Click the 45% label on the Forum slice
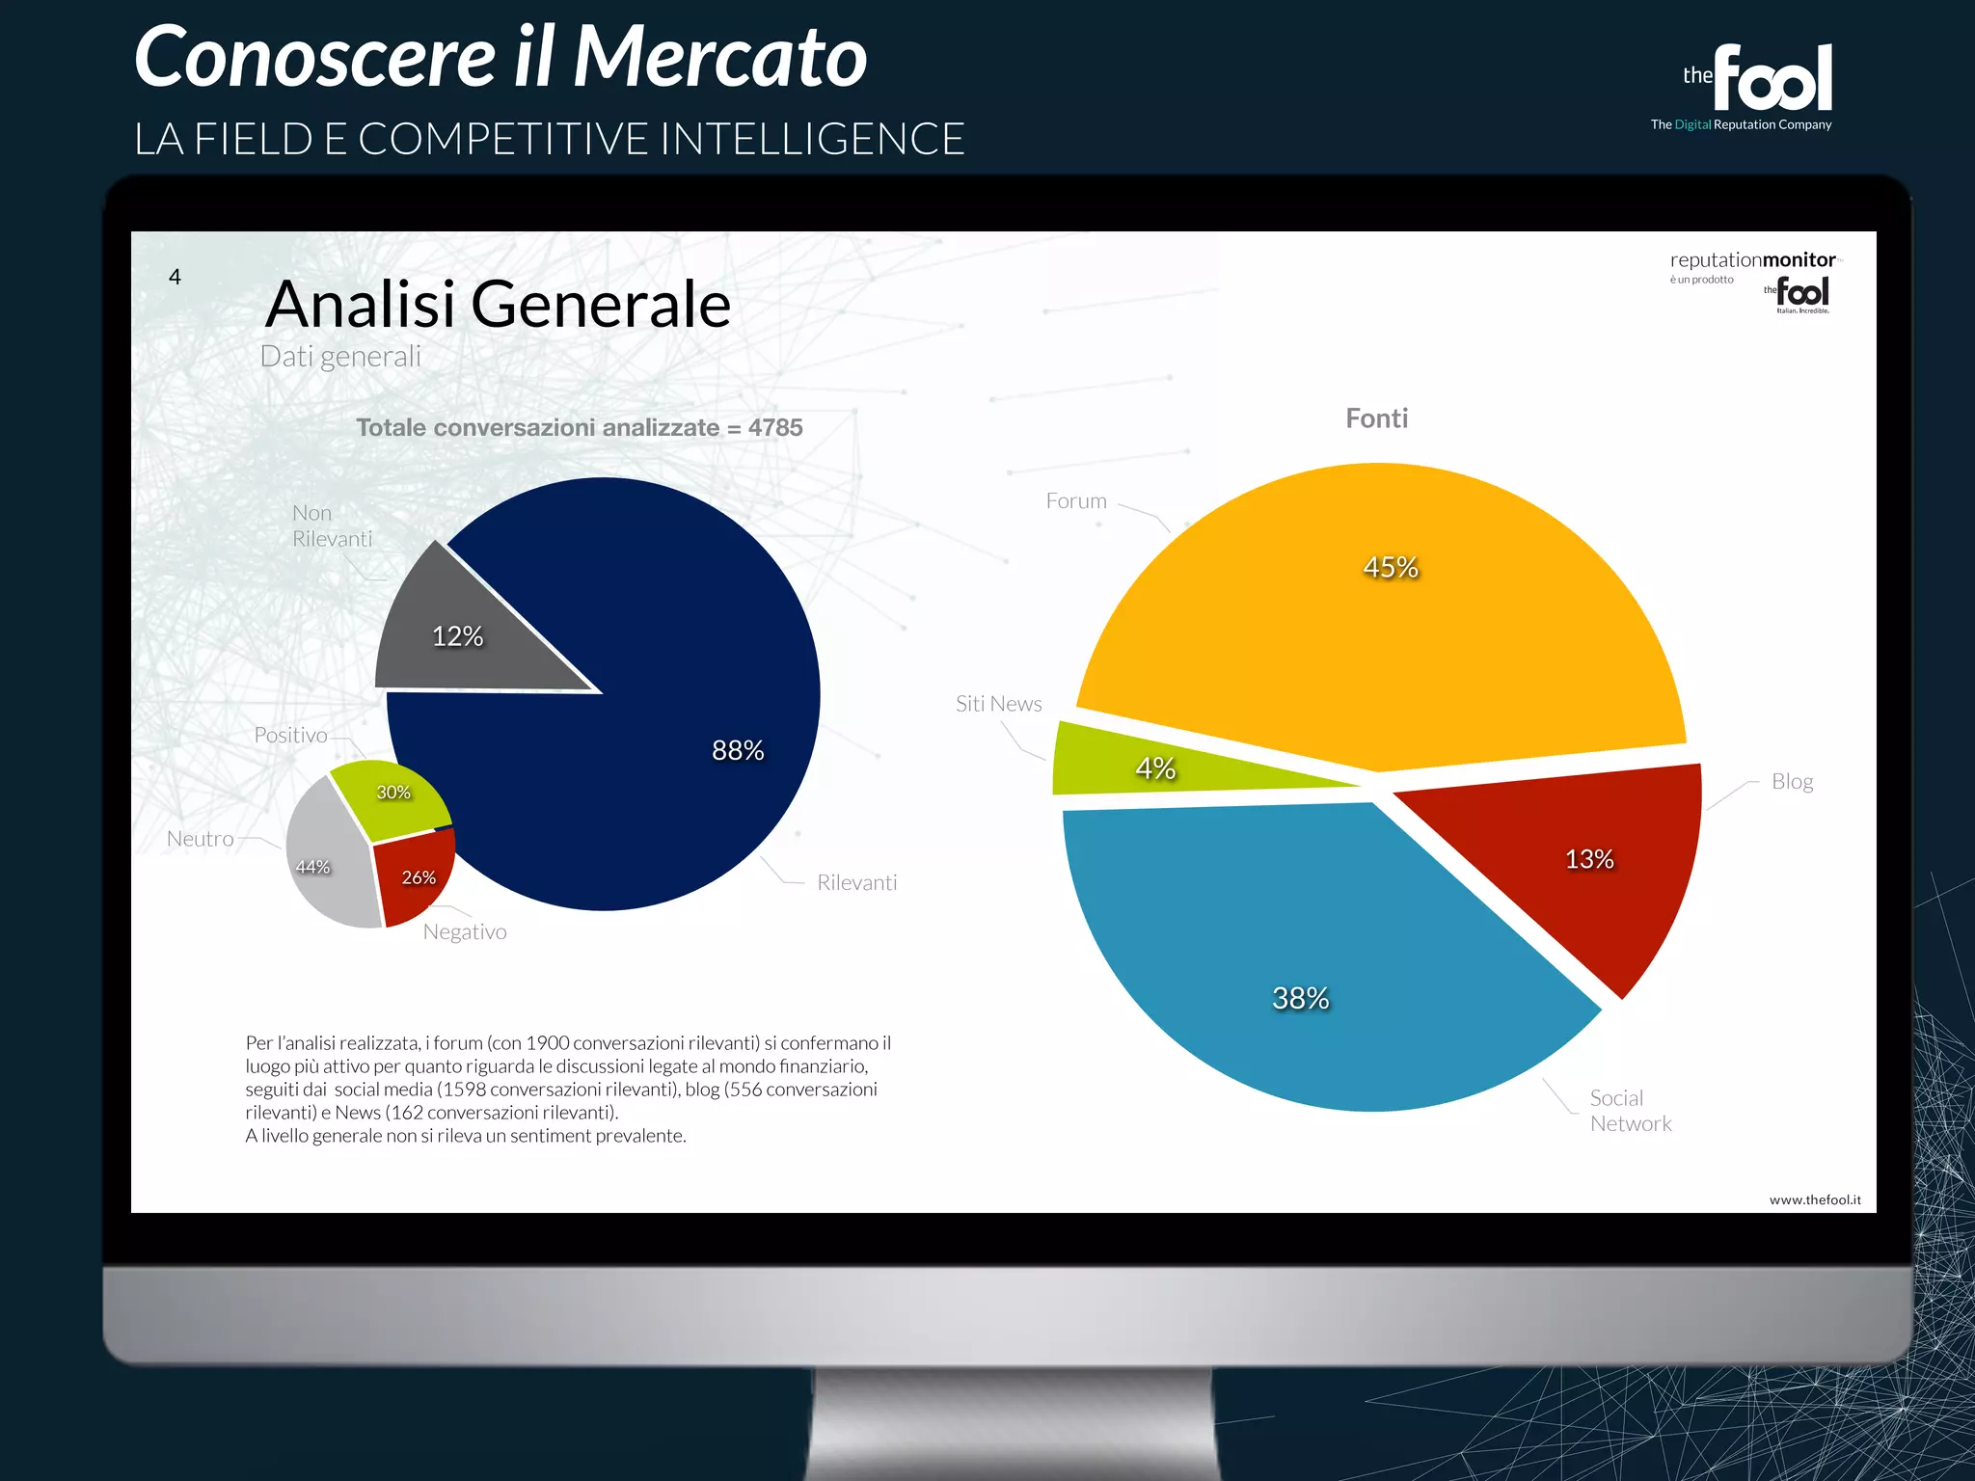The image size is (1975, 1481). tap(1391, 567)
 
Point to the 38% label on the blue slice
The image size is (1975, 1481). tap(1300, 998)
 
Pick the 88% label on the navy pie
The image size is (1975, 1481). tap(738, 750)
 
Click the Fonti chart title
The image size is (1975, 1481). tap(1376, 418)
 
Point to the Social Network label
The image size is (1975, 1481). tap(1630, 1111)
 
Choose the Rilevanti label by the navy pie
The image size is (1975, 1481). tap(856, 882)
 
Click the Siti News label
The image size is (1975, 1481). tap(998, 704)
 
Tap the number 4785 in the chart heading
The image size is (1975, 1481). tap(775, 427)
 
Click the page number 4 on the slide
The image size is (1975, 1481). tap(175, 278)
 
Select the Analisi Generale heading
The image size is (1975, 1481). tap(498, 305)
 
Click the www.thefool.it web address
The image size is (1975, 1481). tap(1815, 1199)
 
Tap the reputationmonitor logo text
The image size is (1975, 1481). tap(1752, 260)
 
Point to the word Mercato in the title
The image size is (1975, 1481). tap(720, 57)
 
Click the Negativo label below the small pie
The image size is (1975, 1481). tap(465, 931)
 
